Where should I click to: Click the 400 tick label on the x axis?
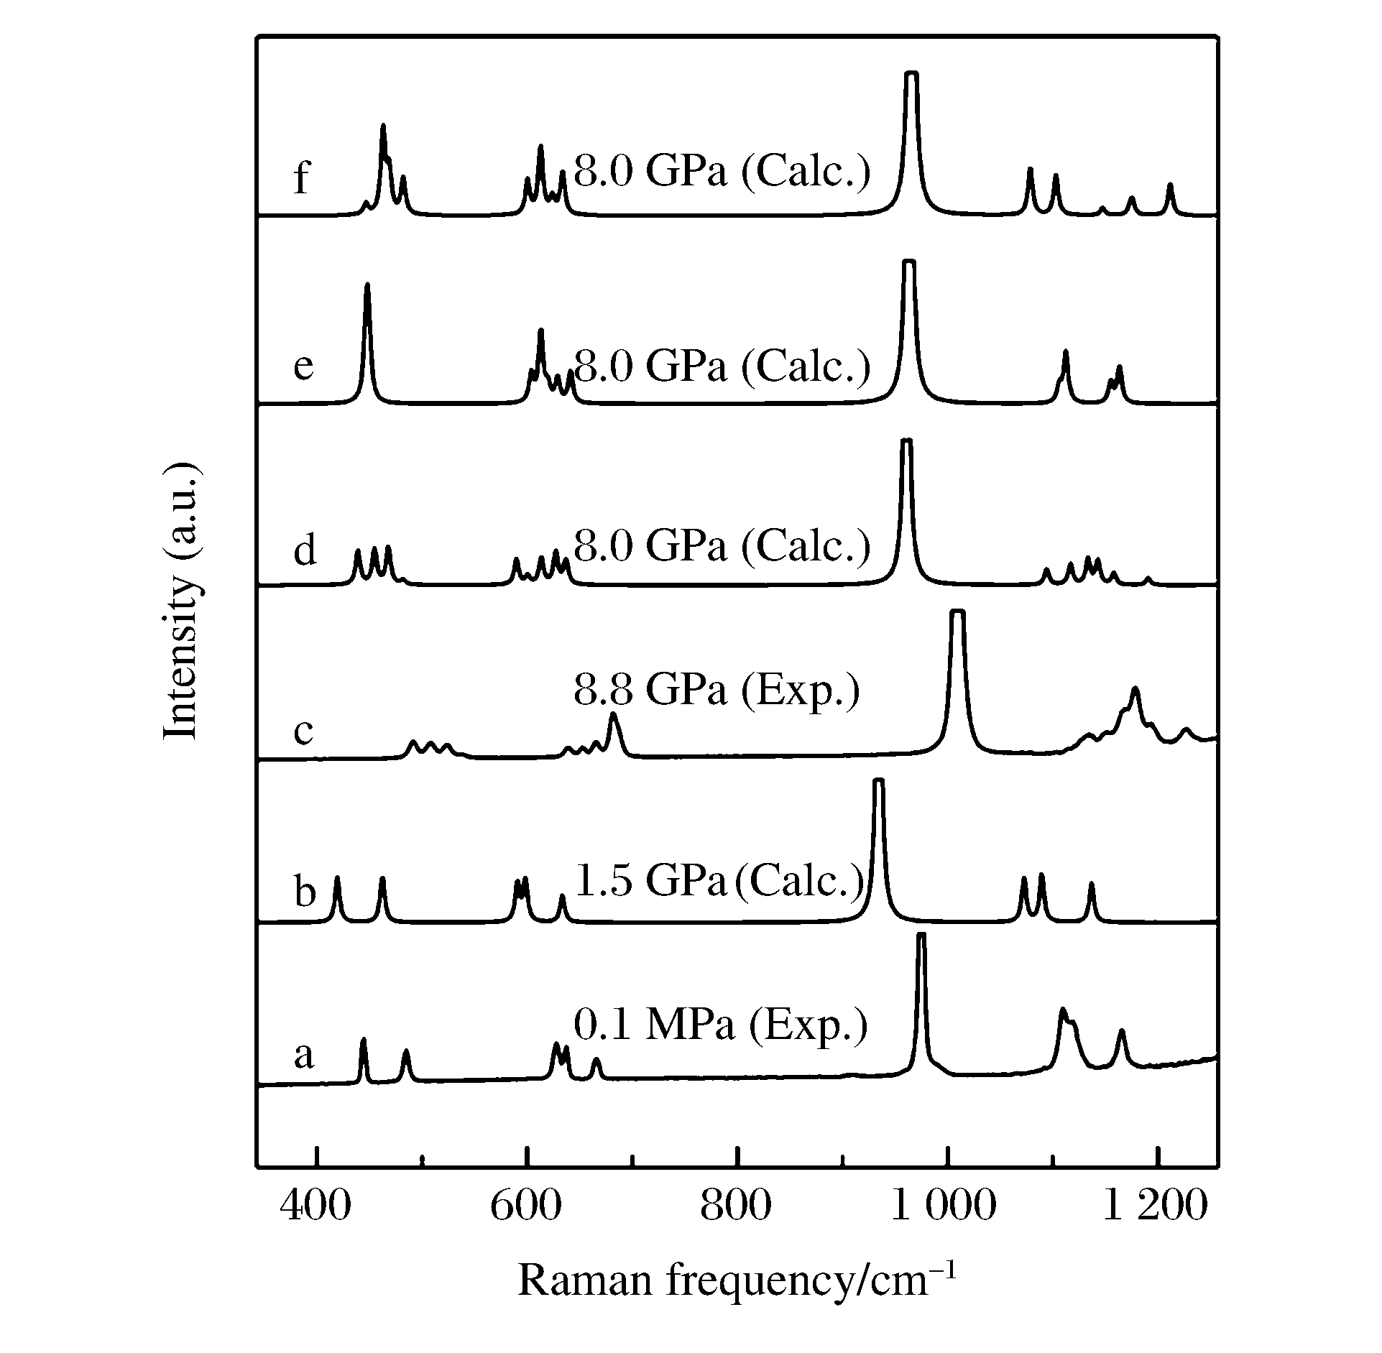(315, 1205)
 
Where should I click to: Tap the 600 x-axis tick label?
(525, 1205)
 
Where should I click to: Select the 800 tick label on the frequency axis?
(737, 1205)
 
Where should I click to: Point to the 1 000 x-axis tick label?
(944, 1205)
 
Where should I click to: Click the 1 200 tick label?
(1154, 1205)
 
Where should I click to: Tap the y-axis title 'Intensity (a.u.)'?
(180, 600)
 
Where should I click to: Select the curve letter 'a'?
(304, 1056)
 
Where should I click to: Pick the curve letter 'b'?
(305, 892)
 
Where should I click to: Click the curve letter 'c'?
(304, 731)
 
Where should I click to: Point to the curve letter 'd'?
(305, 550)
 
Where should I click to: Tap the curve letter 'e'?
(304, 366)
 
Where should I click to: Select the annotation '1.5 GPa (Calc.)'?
(719, 880)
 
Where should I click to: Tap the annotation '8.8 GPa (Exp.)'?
(717, 691)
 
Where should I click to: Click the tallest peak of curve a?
(922, 935)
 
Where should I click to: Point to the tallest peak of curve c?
(957, 612)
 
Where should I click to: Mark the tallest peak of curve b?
(878, 781)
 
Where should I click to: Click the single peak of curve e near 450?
(367, 285)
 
